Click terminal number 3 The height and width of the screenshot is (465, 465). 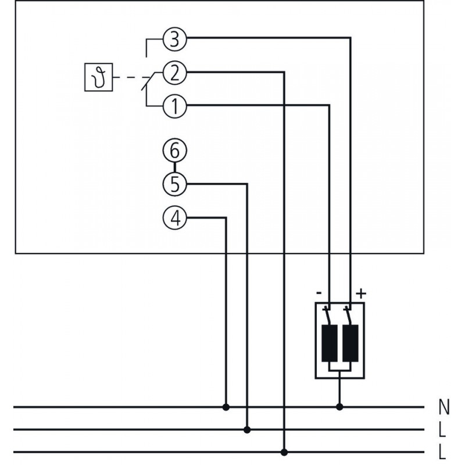[174, 40]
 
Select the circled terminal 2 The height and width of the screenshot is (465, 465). [174, 73]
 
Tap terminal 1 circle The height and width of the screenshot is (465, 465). [174, 105]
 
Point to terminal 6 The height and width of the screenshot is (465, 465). [174, 151]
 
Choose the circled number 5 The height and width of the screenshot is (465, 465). [174, 184]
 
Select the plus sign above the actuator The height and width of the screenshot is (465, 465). [361, 292]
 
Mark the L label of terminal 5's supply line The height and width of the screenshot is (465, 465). [443, 430]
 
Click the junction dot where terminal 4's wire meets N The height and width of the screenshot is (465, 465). [226, 407]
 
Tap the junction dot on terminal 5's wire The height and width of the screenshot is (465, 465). [248, 430]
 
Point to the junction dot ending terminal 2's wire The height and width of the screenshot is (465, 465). [284, 452]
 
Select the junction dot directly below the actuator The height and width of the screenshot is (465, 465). [340, 407]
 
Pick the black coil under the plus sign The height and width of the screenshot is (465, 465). [350, 344]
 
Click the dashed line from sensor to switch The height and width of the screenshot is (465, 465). [131, 77]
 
